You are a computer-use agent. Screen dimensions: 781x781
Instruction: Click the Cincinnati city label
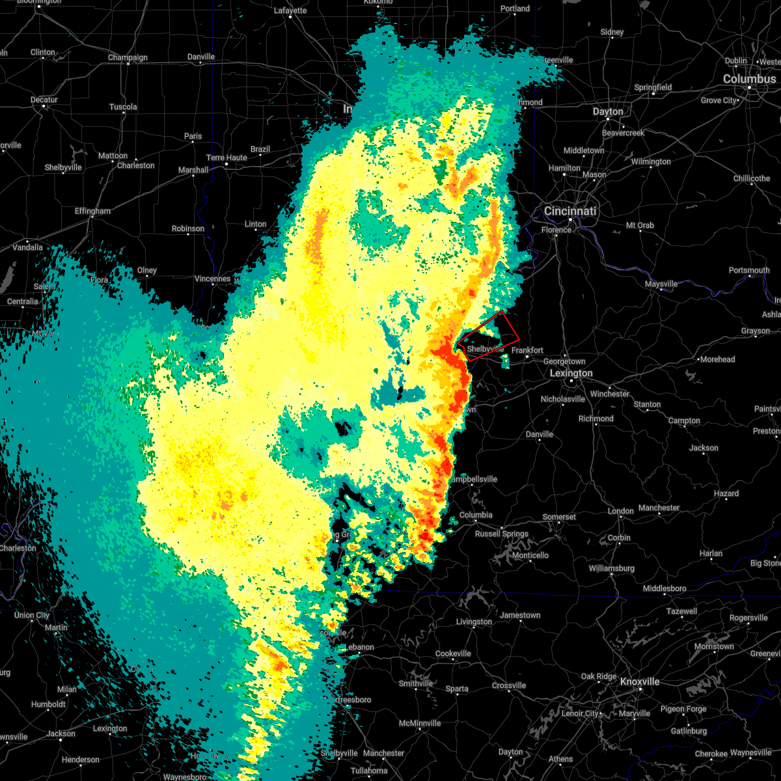click(x=570, y=212)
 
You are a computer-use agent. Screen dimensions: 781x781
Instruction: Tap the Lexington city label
click(x=571, y=374)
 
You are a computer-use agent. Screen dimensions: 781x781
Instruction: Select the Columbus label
click(x=749, y=79)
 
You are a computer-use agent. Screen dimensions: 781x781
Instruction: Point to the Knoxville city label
click(x=639, y=682)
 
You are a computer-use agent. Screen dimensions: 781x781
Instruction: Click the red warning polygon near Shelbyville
click(x=488, y=335)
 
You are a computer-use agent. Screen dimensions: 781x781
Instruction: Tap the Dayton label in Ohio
click(x=608, y=112)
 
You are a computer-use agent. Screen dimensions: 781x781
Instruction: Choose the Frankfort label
click(x=527, y=350)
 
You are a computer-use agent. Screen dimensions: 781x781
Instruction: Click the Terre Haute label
click(x=226, y=158)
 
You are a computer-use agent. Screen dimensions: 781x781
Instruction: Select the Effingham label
click(x=92, y=212)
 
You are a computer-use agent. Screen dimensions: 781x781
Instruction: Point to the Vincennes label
click(x=213, y=279)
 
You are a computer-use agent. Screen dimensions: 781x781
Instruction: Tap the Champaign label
click(x=128, y=58)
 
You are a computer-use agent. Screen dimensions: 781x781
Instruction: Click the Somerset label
click(x=559, y=517)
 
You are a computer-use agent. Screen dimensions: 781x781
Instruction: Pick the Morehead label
click(x=717, y=360)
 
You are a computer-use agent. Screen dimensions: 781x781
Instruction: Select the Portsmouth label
click(x=749, y=271)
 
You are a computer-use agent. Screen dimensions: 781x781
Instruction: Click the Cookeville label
click(x=453, y=654)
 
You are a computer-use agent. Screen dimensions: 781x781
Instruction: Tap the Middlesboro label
click(x=665, y=589)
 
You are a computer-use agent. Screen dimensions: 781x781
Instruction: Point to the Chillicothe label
click(x=752, y=179)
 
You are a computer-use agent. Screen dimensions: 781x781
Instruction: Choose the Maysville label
click(x=661, y=284)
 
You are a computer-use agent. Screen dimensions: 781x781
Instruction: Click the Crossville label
click(x=509, y=686)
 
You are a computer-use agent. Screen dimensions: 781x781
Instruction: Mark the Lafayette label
click(x=290, y=11)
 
